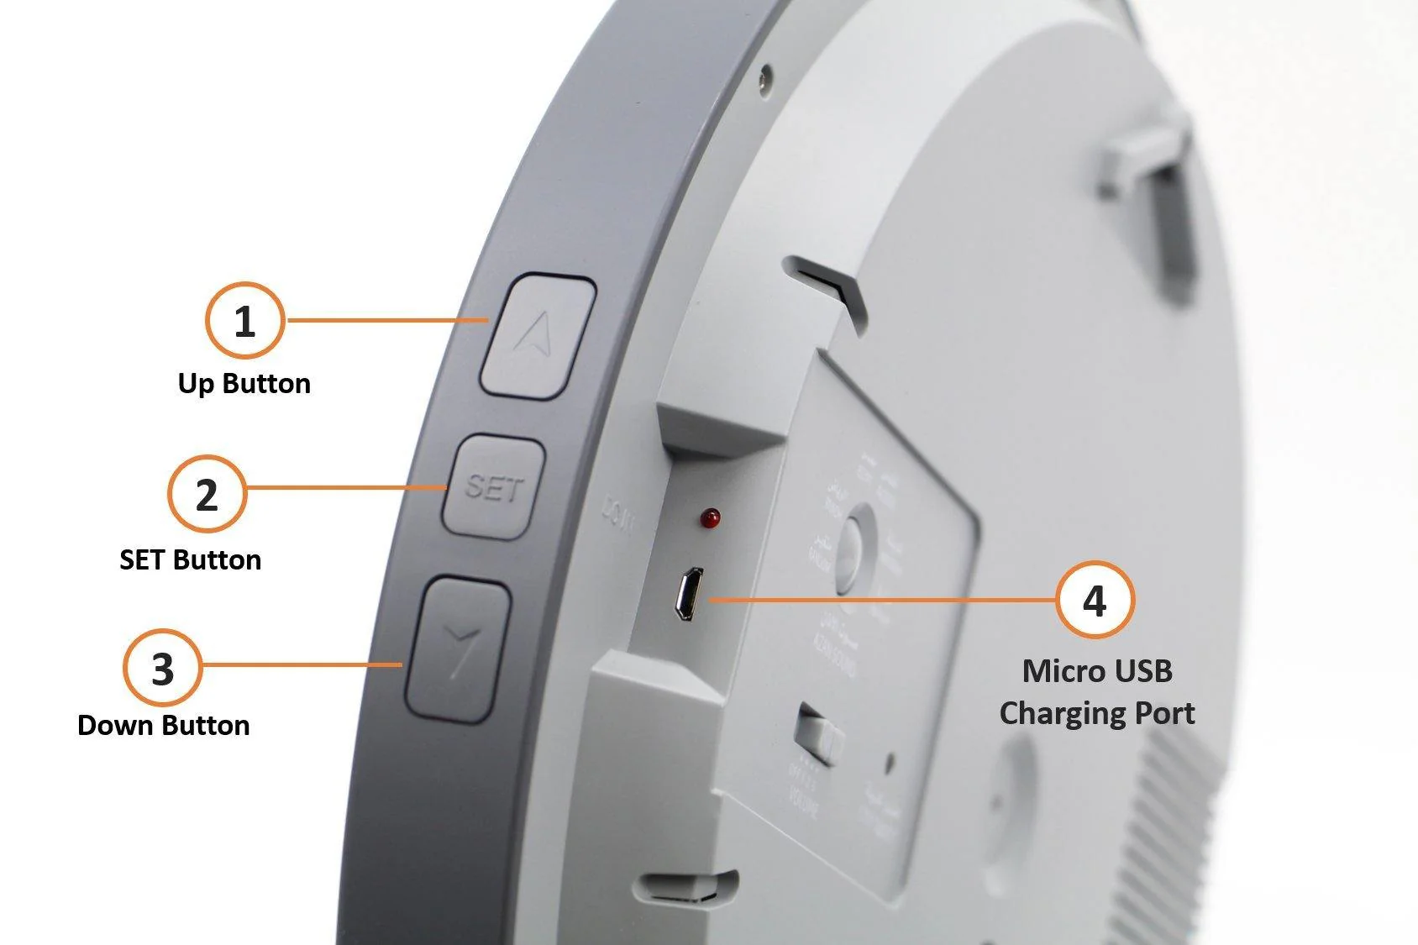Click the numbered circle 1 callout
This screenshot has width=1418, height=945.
(x=244, y=321)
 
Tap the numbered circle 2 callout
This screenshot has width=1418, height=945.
(x=207, y=494)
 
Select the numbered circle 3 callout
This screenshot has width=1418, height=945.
(x=163, y=669)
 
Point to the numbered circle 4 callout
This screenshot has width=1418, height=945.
(x=1094, y=600)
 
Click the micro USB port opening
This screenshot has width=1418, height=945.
(x=690, y=594)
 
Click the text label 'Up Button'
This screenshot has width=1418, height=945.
(x=244, y=384)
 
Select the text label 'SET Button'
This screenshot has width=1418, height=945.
(x=191, y=560)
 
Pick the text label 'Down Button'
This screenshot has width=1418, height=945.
(x=164, y=726)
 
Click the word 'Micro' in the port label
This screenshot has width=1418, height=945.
(x=1057, y=671)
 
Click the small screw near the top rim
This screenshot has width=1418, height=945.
(x=764, y=81)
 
